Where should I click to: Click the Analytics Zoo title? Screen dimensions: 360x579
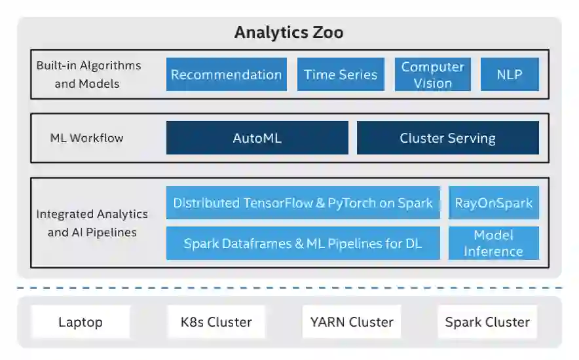(x=289, y=33)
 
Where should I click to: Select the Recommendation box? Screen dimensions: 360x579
(x=226, y=75)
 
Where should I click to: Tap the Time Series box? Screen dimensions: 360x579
(x=341, y=75)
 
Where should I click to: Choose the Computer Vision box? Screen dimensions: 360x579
(x=432, y=75)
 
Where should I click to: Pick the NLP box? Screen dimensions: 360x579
(x=510, y=75)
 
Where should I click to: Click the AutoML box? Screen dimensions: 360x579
(x=257, y=138)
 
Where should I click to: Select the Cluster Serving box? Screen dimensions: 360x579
(x=447, y=138)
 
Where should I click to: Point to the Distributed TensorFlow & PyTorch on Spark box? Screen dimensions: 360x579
(x=303, y=203)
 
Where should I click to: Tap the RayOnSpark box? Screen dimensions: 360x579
(x=494, y=203)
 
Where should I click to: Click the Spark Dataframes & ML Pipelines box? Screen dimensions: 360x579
(x=303, y=243)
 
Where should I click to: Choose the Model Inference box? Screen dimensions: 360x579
(x=494, y=243)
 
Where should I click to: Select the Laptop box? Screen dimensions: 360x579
(x=81, y=322)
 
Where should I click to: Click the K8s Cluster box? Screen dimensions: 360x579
(x=216, y=322)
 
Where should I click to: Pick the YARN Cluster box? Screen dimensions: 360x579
(x=352, y=322)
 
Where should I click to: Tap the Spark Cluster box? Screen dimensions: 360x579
(x=487, y=322)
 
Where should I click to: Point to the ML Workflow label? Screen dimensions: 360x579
(x=86, y=138)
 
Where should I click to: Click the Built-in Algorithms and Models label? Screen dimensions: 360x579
(x=88, y=75)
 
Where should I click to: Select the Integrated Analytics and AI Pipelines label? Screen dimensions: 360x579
(x=92, y=223)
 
